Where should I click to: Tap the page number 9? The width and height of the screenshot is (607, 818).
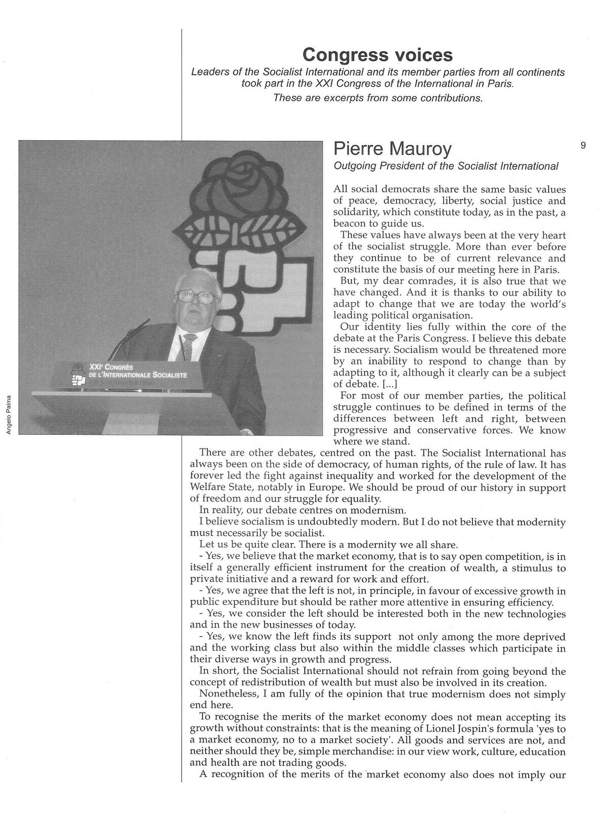click(x=583, y=146)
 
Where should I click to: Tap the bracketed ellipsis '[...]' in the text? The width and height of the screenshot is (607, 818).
click(x=375, y=384)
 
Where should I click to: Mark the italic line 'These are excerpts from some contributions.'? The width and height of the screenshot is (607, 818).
click(x=377, y=98)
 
